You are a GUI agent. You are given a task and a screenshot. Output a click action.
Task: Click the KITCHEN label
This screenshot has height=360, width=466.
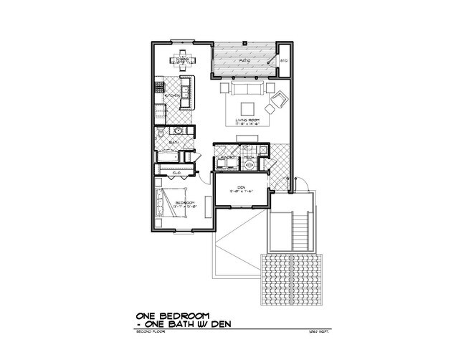click(x=172, y=95)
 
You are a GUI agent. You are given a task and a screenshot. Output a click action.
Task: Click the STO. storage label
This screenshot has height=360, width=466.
click(x=283, y=61)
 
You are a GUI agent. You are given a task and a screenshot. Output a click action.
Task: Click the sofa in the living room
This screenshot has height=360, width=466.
click(x=246, y=89)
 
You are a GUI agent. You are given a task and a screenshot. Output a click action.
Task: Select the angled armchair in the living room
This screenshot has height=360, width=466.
click(x=275, y=105)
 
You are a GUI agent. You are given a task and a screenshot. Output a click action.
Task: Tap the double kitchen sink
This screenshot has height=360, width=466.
click(x=184, y=93)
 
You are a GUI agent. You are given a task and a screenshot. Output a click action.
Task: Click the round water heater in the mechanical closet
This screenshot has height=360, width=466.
click(x=249, y=164)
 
